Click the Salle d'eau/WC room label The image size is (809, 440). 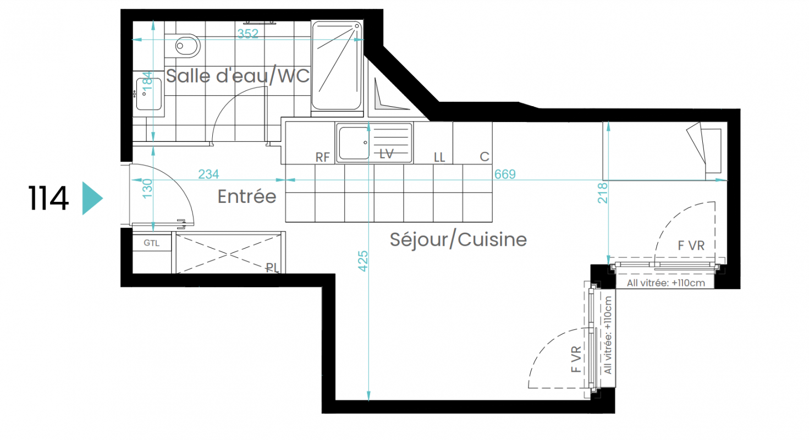tap(238, 76)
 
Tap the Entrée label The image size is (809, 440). tap(247, 196)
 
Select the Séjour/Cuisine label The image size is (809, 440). tap(458, 240)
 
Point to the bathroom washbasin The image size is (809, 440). tap(148, 94)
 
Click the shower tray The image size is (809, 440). tap(337, 65)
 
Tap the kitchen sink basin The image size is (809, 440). tap(354, 143)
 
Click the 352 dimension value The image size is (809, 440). tap(247, 34)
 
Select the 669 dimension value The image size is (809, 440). tap(505, 174)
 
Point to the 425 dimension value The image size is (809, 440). tap(362, 261)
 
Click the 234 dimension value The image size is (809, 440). tap(209, 174)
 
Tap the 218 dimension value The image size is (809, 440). tap(602, 193)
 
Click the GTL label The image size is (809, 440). tap(151, 243)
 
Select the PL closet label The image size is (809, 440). tap(272, 268)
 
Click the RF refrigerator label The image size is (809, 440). tap(322, 157)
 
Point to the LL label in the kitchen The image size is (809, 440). tap(439, 157)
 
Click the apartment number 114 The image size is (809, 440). tap(48, 198)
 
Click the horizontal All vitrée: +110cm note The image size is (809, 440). tap(665, 283)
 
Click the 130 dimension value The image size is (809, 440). tap(147, 189)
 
